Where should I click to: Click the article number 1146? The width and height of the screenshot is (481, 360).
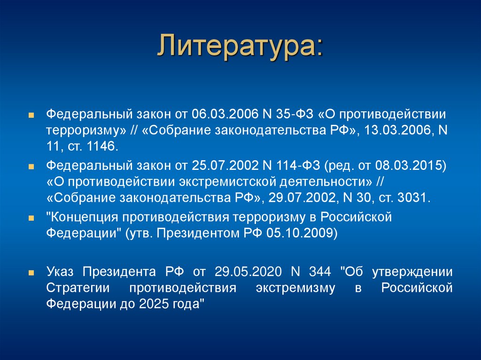click(x=100, y=146)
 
